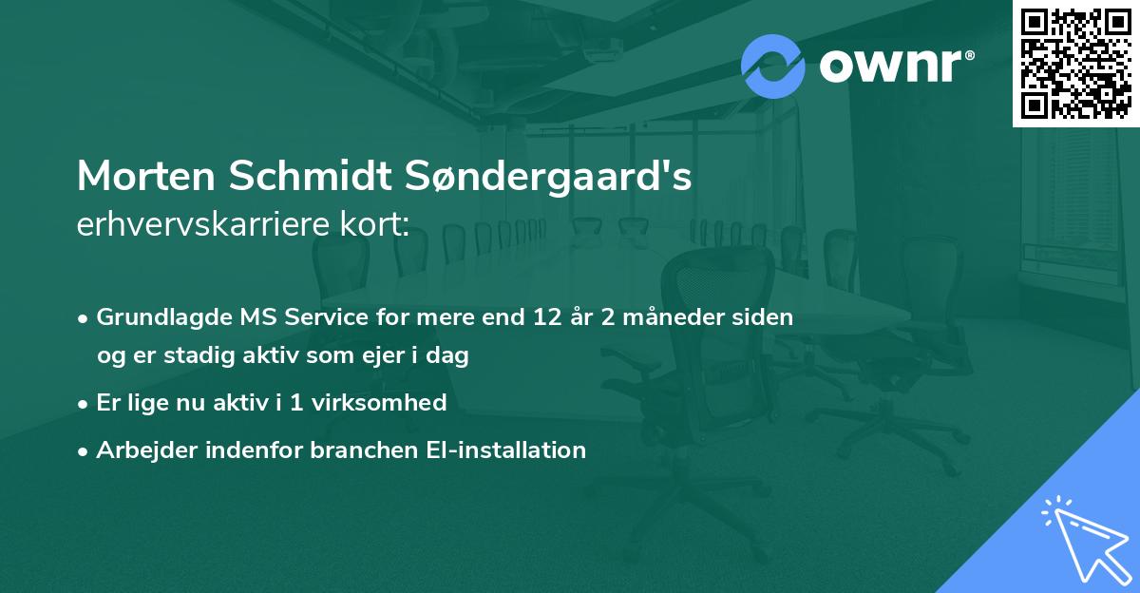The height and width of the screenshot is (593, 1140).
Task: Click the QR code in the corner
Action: coord(1075,64)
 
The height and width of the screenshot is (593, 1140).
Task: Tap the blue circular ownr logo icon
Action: coord(772,66)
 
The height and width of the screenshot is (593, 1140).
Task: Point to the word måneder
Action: coord(677,317)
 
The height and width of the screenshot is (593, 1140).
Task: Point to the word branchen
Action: coord(353,450)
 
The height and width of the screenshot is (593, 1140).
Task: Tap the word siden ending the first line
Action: coord(765,317)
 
